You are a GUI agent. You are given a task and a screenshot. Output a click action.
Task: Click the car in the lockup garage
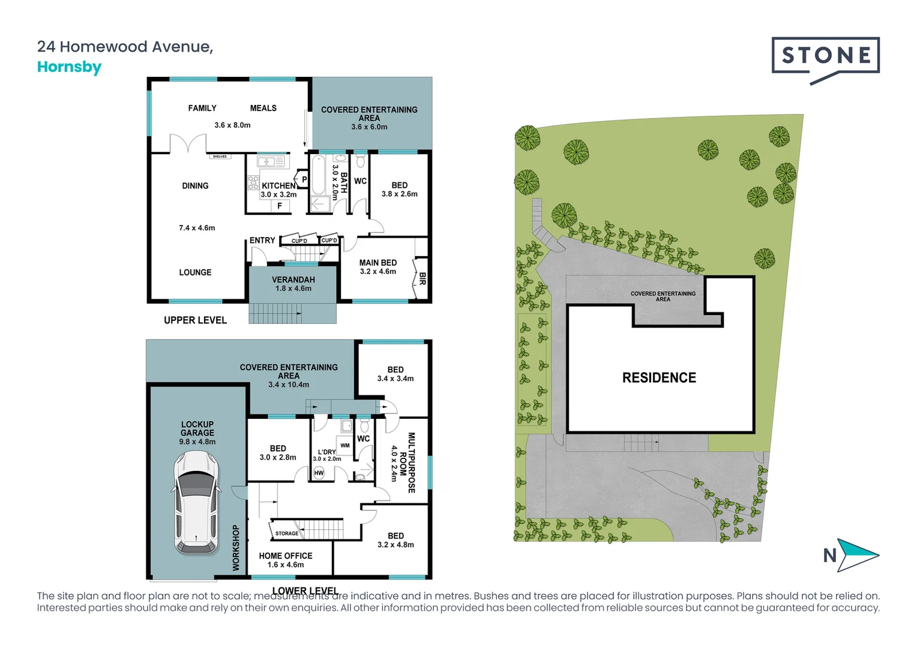tap(196, 503)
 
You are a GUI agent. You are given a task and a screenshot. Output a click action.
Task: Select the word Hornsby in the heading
tap(69, 67)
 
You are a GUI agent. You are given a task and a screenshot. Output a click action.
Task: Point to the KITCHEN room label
tap(279, 186)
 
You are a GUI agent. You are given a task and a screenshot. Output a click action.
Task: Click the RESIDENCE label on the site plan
tap(659, 377)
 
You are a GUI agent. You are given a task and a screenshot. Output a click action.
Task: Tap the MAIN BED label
tap(378, 263)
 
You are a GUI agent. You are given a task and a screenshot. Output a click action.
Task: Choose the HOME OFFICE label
tap(285, 556)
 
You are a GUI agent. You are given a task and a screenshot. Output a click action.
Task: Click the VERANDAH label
tap(293, 280)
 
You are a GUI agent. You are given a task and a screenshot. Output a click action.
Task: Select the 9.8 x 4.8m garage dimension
tap(197, 442)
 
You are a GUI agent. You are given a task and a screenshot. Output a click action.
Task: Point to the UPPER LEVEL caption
tap(195, 320)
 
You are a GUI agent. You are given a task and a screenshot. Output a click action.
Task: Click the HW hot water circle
tap(319, 473)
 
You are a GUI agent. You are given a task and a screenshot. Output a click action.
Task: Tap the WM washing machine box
tap(345, 445)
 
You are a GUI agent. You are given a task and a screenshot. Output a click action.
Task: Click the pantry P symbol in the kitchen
tap(304, 179)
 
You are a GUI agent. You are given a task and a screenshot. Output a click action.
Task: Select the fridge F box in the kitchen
tap(280, 206)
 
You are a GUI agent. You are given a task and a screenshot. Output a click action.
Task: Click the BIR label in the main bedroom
tap(422, 279)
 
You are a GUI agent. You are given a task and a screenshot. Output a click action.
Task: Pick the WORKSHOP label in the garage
tap(236, 548)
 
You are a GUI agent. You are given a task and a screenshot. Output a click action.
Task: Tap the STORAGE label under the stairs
tap(287, 533)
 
